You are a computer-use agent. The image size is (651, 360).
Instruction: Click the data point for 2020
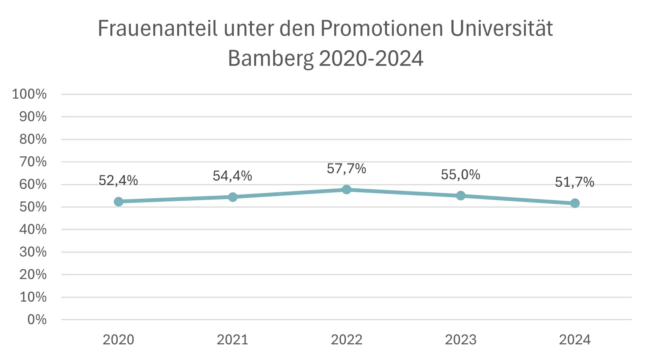point(118,201)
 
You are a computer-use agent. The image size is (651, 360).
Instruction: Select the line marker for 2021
point(233,197)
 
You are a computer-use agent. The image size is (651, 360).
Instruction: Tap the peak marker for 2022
point(346,189)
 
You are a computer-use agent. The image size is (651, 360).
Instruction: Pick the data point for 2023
point(461,195)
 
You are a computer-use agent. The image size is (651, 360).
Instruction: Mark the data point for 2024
point(575,203)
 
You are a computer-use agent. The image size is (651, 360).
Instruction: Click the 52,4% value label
point(118,181)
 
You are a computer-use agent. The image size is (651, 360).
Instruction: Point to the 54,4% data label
point(233,176)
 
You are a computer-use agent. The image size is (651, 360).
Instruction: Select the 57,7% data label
point(346,168)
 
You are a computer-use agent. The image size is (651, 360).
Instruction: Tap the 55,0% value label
point(461,174)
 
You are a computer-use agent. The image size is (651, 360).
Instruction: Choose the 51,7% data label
point(575,182)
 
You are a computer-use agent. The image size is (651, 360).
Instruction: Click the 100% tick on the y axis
point(30,94)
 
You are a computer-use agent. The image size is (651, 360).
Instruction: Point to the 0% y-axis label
point(37,319)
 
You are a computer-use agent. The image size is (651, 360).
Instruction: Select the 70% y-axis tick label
point(33,162)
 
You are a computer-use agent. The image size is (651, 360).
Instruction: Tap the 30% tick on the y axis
point(33,252)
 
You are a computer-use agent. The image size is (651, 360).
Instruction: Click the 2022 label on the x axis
point(346,340)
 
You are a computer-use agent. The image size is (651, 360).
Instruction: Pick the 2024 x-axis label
point(575,340)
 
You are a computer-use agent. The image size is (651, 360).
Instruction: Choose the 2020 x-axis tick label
point(118,340)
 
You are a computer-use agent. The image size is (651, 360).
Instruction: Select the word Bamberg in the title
point(270,58)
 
